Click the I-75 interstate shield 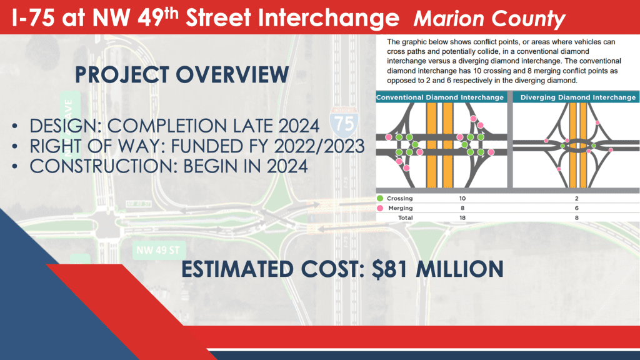click(x=344, y=122)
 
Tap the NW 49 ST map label click(x=158, y=250)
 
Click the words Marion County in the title click(x=489, y=19)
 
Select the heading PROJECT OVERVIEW click(x=182, y=75)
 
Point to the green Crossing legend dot click(x=380, y=198)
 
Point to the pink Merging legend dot click(x=380, y=208)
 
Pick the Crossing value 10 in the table click(x=462, y=198)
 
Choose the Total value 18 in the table click(x=462, y=218)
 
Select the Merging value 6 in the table click(x=577, y=208)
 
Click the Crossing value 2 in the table click(x=577, y=198)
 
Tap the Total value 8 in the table click(x=577, y=218)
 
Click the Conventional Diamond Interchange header click(x=440, y=97)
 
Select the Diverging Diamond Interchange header click(x=578, y=97)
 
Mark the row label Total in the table click(x=405, y=218)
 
